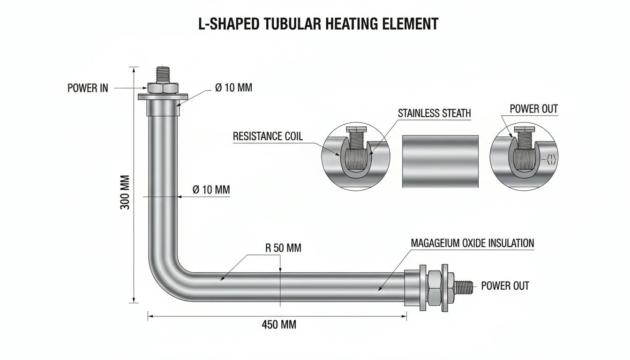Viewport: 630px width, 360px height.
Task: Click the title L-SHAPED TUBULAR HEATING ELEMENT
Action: [x=318, y=24]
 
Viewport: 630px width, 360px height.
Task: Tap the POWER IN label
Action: [x=88, y=88]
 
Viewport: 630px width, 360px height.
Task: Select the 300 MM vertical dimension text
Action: [x=125, y=192]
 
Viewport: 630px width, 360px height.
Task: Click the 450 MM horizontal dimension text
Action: [x=279, y=324]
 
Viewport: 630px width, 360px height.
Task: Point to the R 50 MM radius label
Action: [x=283, y=248]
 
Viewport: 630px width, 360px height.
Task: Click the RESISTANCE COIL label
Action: [x=268, y=136]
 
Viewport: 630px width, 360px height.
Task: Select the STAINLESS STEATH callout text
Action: [x=434, y=113]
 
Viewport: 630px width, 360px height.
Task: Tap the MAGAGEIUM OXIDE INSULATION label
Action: [x=472, y=243]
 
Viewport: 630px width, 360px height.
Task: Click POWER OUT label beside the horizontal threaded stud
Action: [x=505, y=286]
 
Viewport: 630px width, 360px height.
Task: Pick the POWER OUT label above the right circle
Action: [x=534, y=109]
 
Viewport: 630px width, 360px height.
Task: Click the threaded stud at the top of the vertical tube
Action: [x=163, y=75]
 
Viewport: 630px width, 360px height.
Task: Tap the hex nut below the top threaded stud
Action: [x=163, y=88]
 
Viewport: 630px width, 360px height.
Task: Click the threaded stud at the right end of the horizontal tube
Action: [x=463, y=288]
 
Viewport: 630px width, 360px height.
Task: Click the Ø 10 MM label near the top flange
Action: [x=234, y=88]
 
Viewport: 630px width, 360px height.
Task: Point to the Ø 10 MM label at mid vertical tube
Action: [x=211, y=189]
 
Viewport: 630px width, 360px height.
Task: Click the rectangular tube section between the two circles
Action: [x=440, y=161]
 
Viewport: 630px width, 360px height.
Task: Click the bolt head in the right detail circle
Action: [x=524, y=129]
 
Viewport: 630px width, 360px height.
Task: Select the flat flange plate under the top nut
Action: [x=163, y=97]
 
